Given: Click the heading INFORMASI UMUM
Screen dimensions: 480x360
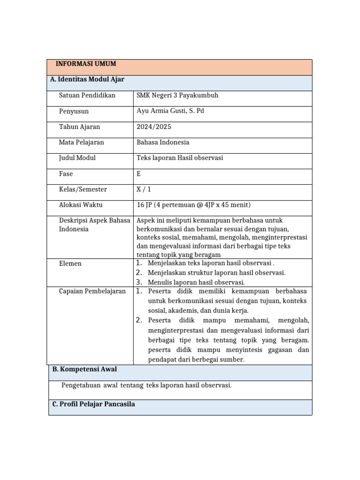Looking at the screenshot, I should point(86,64).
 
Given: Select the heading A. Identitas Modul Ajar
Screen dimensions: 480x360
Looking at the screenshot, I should point(87,79).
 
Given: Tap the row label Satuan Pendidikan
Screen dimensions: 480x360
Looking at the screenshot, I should point(87,95).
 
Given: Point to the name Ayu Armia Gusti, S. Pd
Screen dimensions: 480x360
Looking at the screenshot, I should point(170,111).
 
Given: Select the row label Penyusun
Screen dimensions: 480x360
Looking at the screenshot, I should point(74,111).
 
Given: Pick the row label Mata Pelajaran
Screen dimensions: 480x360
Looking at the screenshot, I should point(82,142).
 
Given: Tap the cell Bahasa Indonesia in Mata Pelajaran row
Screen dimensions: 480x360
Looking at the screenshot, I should point(163,142).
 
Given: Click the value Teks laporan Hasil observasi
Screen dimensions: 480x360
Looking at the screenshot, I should point(180,158).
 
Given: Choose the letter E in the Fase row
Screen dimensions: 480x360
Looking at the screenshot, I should point(138,174).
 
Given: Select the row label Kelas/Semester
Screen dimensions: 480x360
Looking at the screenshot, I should point(83,189).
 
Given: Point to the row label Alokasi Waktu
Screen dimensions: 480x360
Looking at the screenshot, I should point(81,205).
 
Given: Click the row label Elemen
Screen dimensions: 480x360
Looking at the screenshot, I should point(70,263).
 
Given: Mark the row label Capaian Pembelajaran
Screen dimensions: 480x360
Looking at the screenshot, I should point(92,291).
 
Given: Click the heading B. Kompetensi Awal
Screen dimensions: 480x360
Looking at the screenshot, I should point(84,369).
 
